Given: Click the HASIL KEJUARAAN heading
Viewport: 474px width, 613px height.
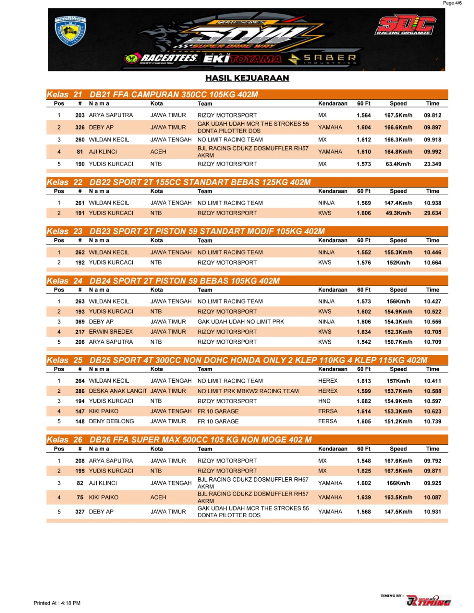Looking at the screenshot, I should (x=247, y=78).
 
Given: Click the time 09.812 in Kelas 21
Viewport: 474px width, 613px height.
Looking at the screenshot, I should (x=432, y=115).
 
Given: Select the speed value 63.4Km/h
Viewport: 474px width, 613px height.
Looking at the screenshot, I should (x=398, y=164).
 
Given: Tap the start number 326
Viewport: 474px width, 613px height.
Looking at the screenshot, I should (x=80, y=127).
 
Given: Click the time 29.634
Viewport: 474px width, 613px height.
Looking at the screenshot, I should (x=432, y=213).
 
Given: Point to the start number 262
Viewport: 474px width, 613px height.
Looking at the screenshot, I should (x=80, y=252).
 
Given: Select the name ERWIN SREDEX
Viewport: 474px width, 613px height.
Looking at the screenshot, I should (x=111, y=332).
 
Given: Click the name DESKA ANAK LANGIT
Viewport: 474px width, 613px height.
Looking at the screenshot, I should (x=118, y=391).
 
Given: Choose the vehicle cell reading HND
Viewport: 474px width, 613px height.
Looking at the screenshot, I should (x=324, y=401).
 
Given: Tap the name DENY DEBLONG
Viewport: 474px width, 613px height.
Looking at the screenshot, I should (x=111, y=421).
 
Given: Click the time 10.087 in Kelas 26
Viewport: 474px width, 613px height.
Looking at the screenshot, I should (x=432, y=497).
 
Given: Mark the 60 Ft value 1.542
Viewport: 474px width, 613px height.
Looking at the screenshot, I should (x=364, y=342).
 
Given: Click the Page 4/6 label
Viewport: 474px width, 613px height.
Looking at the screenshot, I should (x=452, y=3).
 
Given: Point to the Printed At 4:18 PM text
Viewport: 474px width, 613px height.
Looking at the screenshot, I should (x=57, y=603).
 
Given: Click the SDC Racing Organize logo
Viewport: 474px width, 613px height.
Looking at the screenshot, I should (x=405, y=26).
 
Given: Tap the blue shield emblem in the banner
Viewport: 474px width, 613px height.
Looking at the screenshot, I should (x=70, y=31).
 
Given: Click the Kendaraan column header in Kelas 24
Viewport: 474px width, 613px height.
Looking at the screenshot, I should (x=332, y=290).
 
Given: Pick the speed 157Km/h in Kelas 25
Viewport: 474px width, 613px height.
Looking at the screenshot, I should (x=398, y=381).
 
